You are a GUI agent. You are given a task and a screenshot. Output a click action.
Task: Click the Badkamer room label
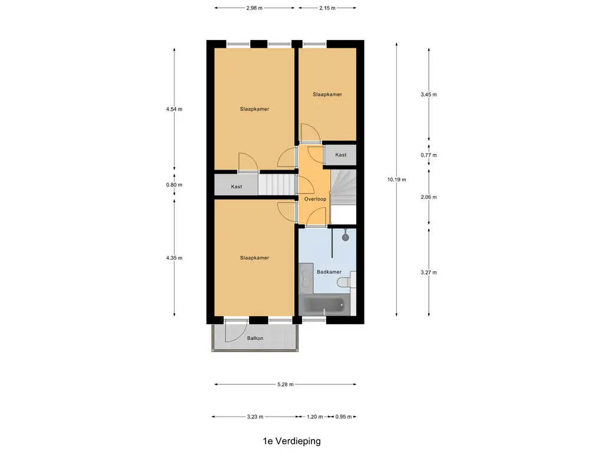(329, 272)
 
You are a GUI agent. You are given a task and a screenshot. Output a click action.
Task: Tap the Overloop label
(315, 199)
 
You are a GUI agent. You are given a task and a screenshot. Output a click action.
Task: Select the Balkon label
(255, 338)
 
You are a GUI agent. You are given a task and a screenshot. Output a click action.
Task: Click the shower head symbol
(345, 237)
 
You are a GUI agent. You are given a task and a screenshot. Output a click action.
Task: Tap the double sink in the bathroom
(306, 279)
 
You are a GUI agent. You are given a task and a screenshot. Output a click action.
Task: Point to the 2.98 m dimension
(254, 8)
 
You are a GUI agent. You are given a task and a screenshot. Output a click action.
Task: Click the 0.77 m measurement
(429, 155)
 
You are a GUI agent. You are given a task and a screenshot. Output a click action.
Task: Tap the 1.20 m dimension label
(315, 417)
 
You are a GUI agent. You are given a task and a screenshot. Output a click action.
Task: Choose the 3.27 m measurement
(429, 272)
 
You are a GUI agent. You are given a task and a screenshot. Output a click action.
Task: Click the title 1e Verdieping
(292, 440)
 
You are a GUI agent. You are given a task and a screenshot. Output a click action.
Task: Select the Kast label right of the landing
(340, 155)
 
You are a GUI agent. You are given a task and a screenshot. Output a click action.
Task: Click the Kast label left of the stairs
(237, 187)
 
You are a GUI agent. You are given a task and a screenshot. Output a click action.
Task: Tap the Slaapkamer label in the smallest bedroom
(327, 94)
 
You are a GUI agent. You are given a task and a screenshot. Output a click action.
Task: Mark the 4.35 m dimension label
(175, 258)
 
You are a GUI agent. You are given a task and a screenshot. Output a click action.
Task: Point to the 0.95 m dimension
(343, 417)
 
